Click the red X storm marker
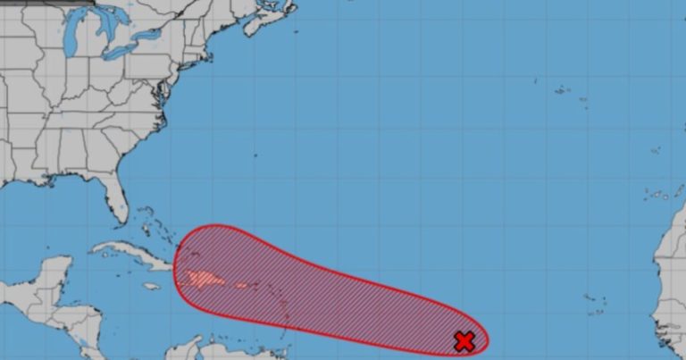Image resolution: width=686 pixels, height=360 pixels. coord(464,340)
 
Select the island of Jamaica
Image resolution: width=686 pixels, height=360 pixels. coord(151,287)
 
